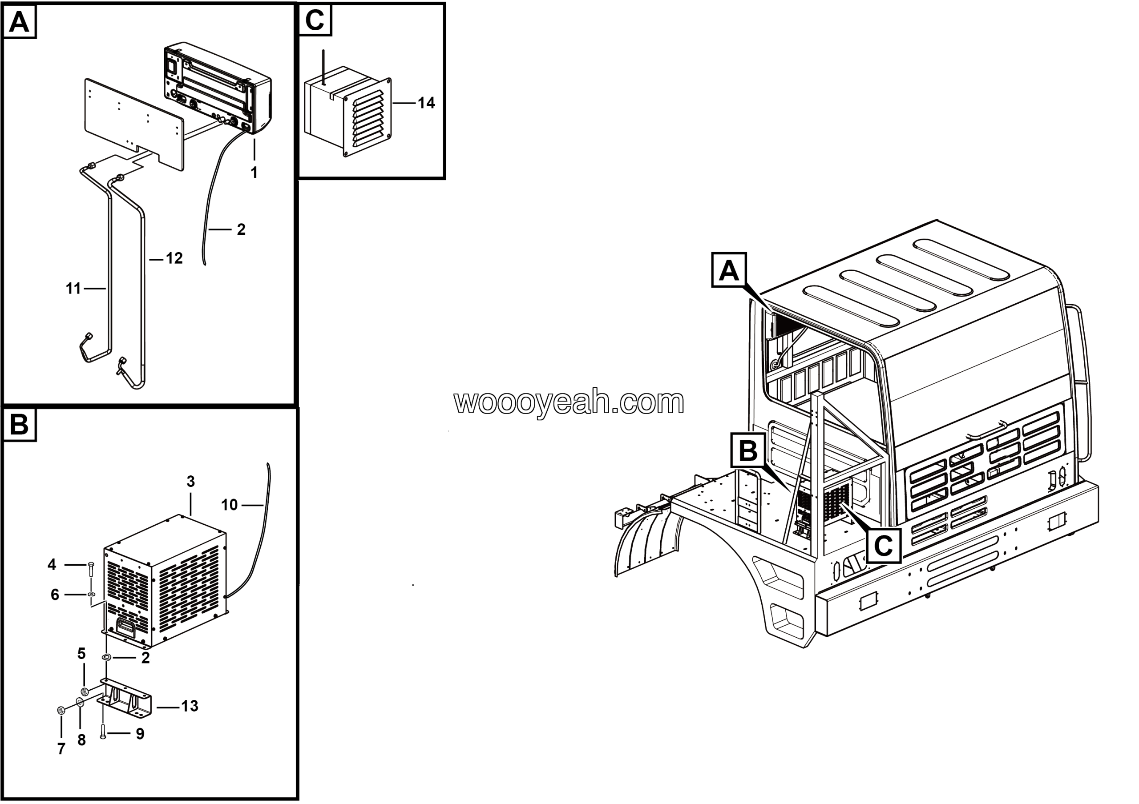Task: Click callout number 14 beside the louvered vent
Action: [426, 103]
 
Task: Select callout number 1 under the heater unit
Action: [254, 173]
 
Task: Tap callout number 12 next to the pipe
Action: [174, 258]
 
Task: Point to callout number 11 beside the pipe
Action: [73, 289]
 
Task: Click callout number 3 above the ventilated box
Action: [190, 481]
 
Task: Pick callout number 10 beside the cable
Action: [229, 505]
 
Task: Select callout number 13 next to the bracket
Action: [190, 706]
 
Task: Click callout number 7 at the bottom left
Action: [61, 749]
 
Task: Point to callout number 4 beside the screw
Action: [52, 565]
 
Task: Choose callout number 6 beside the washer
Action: [55, 595]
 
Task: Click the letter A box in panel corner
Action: [19, 22]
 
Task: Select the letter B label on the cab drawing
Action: [748, 451]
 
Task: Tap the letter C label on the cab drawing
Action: [884, 546]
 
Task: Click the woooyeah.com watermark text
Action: [569, 402]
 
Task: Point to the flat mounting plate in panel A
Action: [134, 124]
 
